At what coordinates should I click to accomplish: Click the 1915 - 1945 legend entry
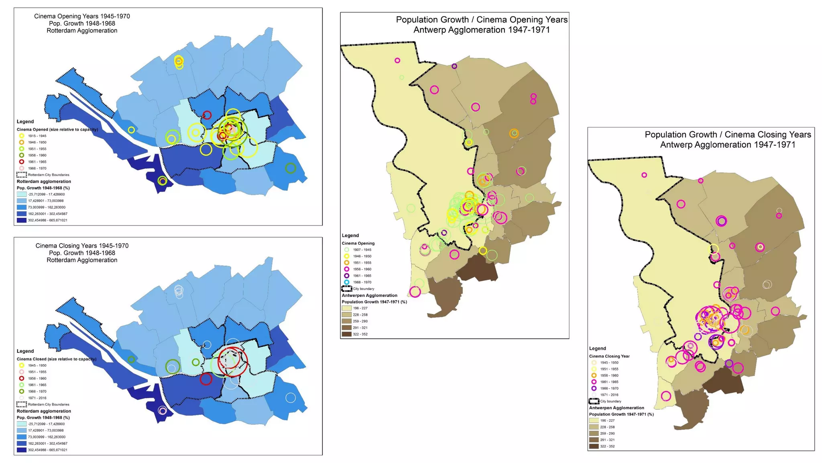click(x=37, y=136)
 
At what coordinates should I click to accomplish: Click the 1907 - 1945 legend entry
click(x=362, y=250)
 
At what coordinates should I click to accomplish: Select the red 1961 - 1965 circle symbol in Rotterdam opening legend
click(x=22, y=162)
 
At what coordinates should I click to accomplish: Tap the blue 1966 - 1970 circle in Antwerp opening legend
click(x=347, y=282)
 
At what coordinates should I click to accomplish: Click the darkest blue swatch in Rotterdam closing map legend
click(x=21, y=450)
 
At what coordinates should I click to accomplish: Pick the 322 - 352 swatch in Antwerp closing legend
click(x=594, y=446)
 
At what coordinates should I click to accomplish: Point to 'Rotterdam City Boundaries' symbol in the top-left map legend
click(x=21, y=175)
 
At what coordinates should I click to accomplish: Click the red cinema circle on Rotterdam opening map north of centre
click(x=207, y=115)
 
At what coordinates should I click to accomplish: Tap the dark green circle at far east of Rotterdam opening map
click(x=291, y=168)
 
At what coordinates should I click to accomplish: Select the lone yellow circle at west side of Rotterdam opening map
click(x=131, y=130)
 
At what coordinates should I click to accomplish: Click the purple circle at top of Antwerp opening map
click(x=454, y=66)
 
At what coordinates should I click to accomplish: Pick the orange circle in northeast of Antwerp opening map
click(x=514, y=133)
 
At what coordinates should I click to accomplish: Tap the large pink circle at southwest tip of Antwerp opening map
click(x=415, y=292)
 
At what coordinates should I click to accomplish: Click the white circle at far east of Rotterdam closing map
click(x=291, y=398)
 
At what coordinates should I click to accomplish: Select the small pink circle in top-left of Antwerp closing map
click(x=644, y=175)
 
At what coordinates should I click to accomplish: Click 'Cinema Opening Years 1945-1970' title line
click(x=82, y=16)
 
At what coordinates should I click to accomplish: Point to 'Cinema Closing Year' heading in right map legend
click(x=609, y=356)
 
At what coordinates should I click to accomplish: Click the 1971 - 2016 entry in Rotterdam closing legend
click(x=37, y=398)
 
